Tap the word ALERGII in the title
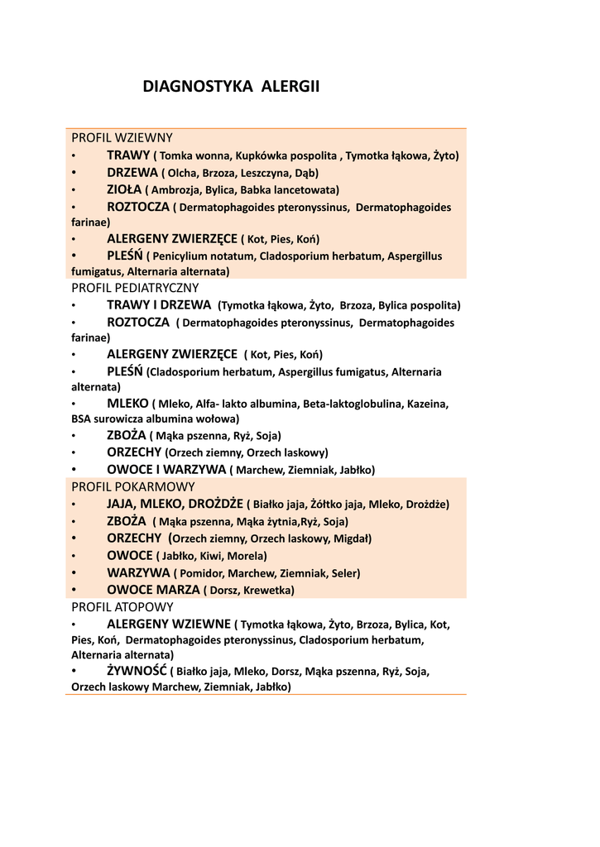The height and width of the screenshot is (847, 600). [290, 86]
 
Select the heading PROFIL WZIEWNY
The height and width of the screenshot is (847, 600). [122, 138]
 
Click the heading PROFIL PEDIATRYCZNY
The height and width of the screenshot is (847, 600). [135, 288]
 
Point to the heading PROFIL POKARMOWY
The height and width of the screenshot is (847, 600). [132, 486]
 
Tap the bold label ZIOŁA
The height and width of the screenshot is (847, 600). [124, 189]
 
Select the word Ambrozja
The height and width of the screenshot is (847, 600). [176, 189]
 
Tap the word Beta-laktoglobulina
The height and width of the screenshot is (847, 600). [350, 404]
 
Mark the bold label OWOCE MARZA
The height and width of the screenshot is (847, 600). [153, 590]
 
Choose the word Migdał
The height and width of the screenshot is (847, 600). [351, 538]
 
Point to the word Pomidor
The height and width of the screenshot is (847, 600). [201, 572]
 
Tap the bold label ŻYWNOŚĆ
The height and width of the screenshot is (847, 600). [137, 670]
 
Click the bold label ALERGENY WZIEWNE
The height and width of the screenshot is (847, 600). [169, 624]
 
